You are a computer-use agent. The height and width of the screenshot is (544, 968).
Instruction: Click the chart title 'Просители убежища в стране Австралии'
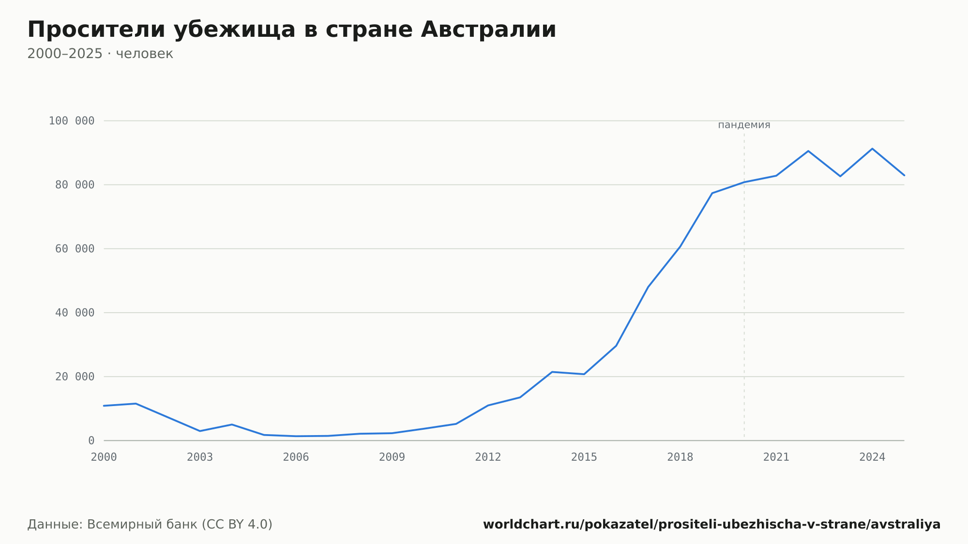coord(292,30)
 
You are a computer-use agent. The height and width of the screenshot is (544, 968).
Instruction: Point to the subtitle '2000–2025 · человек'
coord(100,54)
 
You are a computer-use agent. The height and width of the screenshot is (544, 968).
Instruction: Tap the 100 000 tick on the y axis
coord(72,121)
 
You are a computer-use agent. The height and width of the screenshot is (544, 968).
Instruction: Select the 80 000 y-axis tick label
coord(75,185)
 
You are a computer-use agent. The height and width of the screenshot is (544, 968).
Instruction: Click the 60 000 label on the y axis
coord(75,249)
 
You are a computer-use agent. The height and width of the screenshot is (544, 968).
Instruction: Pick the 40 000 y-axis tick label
coord(75,313)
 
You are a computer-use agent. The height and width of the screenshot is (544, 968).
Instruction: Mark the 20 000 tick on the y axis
coord(75,377)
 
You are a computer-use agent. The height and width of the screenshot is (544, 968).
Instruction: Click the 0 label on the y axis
coord(91,441)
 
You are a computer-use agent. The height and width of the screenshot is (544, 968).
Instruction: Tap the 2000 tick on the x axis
coord(104,457)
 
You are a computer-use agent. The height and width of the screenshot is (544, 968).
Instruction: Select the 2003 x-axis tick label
coord(200,457)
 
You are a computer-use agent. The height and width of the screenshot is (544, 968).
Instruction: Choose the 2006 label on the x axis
coord(296,457)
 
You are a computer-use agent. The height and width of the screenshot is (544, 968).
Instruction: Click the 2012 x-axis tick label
coord(488,457)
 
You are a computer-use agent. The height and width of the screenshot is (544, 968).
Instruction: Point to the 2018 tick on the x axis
coord(680,457)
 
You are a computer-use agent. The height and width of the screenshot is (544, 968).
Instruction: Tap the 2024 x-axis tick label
coord(872,457)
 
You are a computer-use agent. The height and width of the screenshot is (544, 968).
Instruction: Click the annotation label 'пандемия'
coord(744,125)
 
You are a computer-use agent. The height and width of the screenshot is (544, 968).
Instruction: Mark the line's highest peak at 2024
coord(872,149)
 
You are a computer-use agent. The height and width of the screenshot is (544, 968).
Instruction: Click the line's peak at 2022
coord(808,151)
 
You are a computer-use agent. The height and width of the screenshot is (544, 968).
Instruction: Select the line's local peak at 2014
coord(552,372)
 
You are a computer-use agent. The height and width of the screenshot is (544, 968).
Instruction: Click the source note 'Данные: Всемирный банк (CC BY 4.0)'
coord(150,525)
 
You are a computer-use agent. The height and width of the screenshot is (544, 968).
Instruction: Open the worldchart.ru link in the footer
coord(711,525)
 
